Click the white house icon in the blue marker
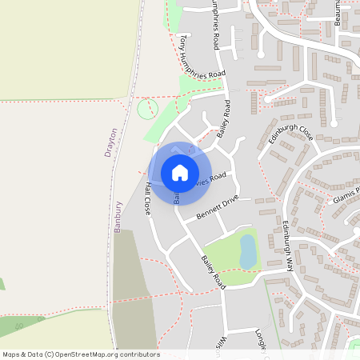pos(179,173)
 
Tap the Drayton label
pos(112,142)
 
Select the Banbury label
pos(118,216)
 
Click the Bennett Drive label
pos(218,210)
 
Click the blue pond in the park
pos(248,251)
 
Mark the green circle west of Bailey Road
pos(148,109)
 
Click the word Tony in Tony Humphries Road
pos(183,42)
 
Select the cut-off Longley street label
pos(261,343)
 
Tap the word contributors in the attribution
pos(139,354)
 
